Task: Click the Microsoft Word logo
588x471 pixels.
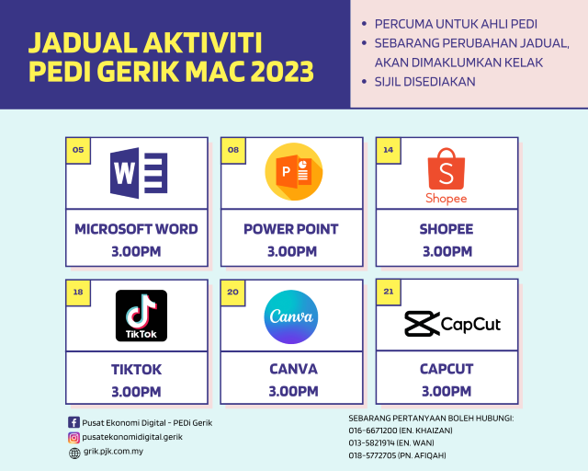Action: [x=138, y=172]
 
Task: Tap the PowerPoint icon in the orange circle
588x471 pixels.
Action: [x=293, y=172]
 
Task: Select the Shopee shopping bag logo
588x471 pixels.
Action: [x=447, y=175]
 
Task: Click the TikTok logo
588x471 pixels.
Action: [x=141, y=316]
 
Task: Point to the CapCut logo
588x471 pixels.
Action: [x=452, y=323]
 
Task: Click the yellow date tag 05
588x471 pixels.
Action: [x=78, y=150]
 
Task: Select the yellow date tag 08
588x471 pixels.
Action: [x=233, y=150]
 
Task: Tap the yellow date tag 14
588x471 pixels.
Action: [x=389, y=150]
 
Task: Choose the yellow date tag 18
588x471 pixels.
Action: [x=78, y=292]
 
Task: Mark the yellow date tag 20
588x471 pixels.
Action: [x=233, y=292]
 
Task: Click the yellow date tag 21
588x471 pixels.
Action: [x=389, y=292]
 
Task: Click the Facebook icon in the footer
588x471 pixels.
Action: [x=74, y=422]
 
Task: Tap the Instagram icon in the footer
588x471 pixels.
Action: [x=74, y=437]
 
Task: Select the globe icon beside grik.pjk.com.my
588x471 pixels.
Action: [x=74, y=452]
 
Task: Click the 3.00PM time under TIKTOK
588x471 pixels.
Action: [x=136, y=391]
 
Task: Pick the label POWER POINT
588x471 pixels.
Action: [x=291, y=229]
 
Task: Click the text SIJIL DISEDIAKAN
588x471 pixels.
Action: [x=425, y=82]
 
